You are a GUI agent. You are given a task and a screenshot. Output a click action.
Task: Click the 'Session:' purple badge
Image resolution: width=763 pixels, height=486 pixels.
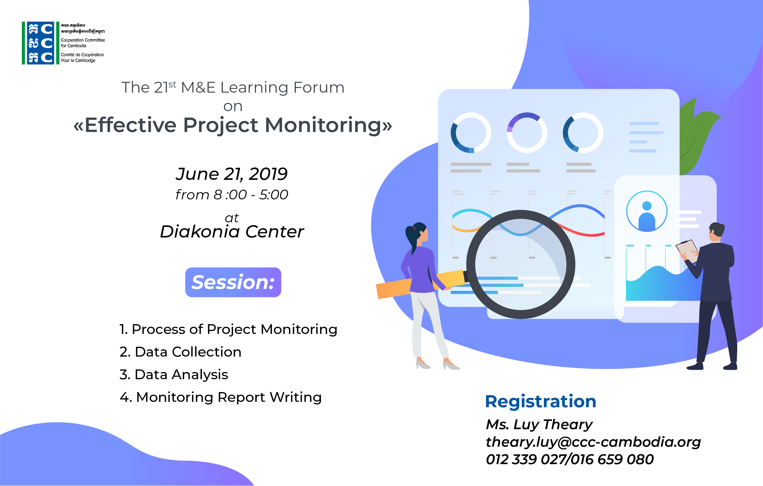click(233, 282)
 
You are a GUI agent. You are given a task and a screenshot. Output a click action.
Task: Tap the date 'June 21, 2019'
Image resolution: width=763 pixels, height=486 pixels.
click(232, 174)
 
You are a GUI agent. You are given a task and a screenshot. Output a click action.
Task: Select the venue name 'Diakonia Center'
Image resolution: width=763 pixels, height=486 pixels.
click(232, 232)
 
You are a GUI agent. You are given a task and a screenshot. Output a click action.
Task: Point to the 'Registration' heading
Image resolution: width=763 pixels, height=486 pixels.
click(541, 402)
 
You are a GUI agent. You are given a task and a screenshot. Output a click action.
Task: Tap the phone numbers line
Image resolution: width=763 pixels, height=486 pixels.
click(570, 459)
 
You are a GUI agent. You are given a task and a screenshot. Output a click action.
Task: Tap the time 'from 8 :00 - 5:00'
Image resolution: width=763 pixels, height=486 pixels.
click(232, 195)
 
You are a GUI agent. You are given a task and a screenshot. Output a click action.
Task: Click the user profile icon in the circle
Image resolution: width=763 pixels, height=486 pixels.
click(647, 211)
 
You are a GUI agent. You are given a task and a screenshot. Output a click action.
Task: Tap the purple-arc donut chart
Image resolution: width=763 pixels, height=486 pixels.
click(527, 132)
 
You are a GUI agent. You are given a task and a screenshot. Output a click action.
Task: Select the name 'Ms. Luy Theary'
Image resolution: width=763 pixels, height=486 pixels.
click(539, 425)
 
